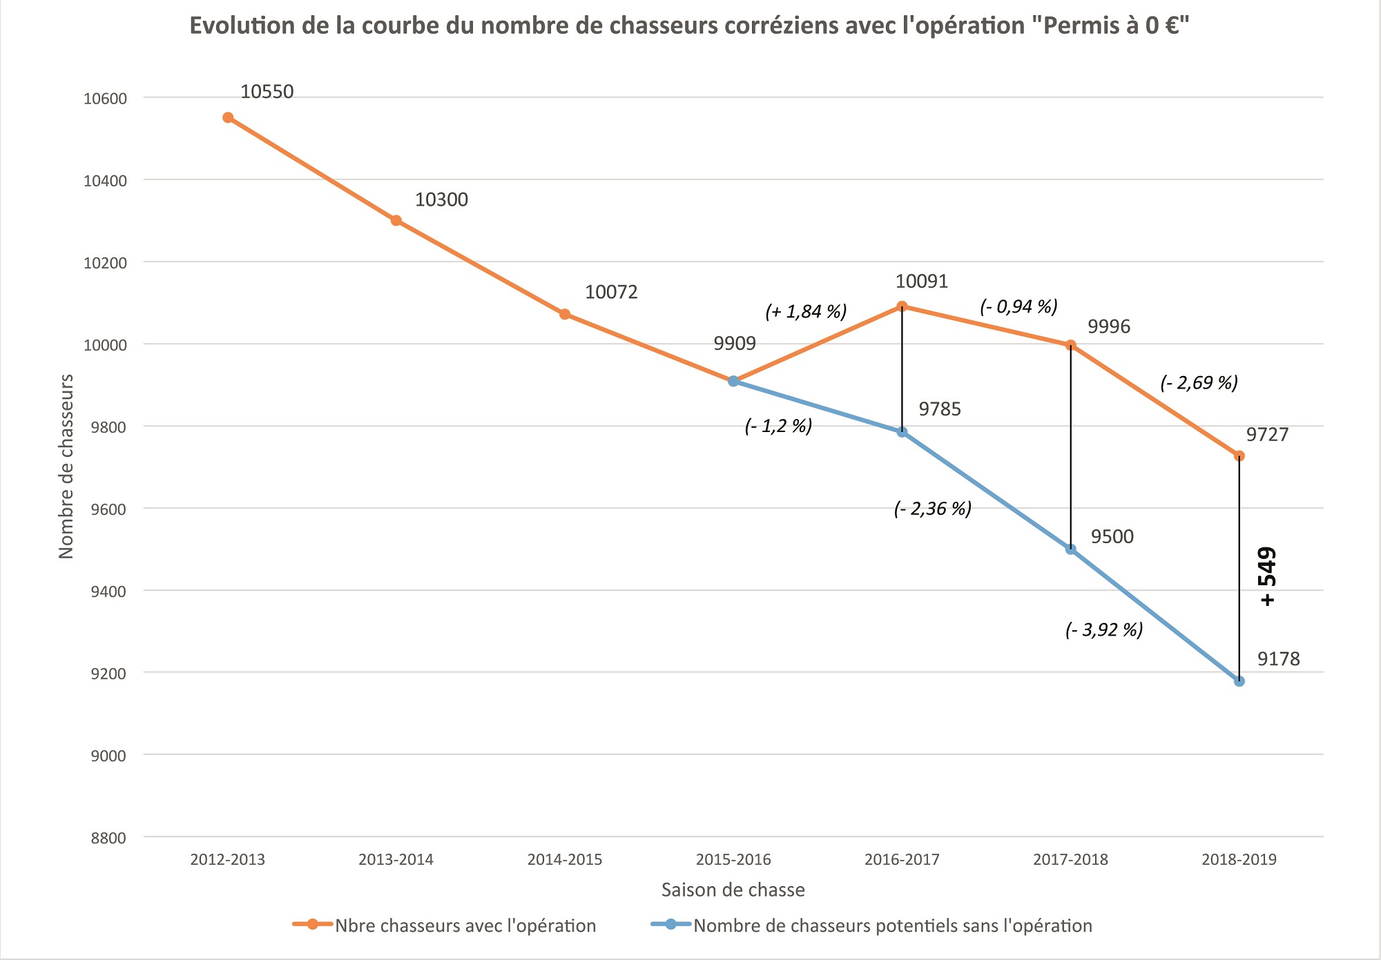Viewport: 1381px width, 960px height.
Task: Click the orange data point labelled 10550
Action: [228, 117]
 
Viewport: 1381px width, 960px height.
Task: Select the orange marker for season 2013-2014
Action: [396, 221]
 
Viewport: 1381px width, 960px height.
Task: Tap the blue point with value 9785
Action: [902, 432]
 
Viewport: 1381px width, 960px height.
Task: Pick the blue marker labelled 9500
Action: [1071, 549]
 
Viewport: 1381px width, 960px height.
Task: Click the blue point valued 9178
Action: [1239, 681]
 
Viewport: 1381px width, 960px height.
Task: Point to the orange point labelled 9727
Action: [1239, 455]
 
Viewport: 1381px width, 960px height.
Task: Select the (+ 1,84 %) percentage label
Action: [806, 312]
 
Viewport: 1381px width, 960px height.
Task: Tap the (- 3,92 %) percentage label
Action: [1104, 629]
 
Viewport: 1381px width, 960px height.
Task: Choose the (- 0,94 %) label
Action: [1018, 306]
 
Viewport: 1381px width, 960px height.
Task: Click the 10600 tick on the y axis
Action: [105, 99]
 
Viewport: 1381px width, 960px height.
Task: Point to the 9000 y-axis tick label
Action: [108, 756]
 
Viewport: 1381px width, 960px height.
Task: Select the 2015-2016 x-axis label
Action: [733, 860]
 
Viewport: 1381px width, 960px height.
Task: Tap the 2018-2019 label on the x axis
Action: [1239, 860]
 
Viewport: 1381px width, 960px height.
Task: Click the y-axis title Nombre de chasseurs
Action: [66, 467]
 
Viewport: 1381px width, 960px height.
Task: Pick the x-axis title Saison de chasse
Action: [733, 890]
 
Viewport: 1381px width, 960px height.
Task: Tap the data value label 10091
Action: [922, 282]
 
